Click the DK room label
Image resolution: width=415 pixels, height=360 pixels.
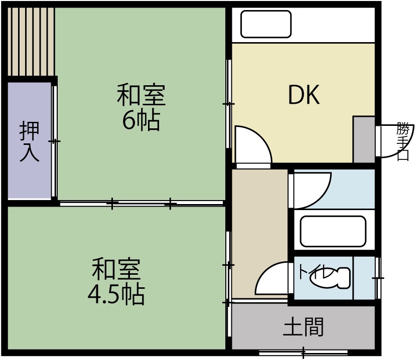point(304,95)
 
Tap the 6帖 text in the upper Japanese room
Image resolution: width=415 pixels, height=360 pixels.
point(141,120)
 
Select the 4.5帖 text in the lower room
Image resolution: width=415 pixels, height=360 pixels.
point(116,295)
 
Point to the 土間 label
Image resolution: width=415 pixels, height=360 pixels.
point(304,327)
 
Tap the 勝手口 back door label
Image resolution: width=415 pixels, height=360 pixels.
point(402,141)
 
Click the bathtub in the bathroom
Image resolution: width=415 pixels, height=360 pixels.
point(333,231)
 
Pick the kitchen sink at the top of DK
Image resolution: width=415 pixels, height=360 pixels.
point(266,24)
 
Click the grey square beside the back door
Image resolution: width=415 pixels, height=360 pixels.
point(364,139)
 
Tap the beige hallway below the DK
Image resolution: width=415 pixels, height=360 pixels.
point(259,221)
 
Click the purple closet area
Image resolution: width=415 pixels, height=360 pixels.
point(29,140)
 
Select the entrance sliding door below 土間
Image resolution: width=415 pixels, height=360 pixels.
point(304,351)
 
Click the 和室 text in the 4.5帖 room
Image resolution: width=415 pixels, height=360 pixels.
point(116,269)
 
